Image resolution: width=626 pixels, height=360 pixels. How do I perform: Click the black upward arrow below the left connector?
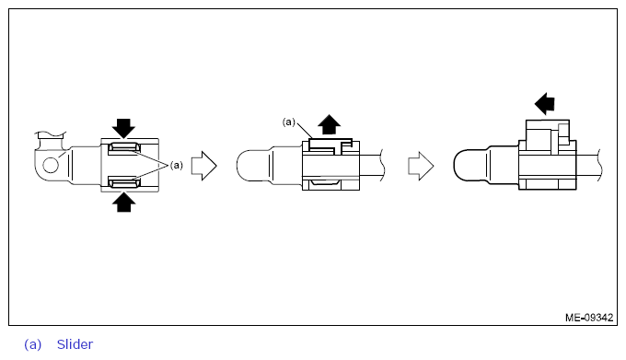click(123, 203)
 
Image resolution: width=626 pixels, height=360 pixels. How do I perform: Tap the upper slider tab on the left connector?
click(123, 148)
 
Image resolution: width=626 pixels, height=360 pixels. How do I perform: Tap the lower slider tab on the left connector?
click(123, 183)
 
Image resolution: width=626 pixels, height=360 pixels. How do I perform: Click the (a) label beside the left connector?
click(177, 165)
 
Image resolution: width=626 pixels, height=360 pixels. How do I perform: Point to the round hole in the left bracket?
click(51, 165)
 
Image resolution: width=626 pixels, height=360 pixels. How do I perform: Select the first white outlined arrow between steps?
click(204, 166)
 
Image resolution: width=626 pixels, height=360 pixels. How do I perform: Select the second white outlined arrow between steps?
click(421, 166)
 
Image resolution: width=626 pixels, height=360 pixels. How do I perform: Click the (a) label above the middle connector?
click(289, 122)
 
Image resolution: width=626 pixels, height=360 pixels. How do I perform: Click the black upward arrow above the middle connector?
click(329, 124)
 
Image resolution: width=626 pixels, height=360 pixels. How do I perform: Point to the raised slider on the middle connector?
click(330, 146)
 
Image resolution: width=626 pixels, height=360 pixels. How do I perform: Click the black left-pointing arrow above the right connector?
click(545, 104)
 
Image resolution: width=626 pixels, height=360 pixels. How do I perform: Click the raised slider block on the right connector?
click(548, 135)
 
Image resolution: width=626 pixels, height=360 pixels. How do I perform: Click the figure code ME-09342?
click(589, 318)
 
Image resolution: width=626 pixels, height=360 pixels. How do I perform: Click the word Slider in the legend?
click(75, 344)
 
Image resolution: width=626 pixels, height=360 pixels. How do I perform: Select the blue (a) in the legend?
click(33, 344)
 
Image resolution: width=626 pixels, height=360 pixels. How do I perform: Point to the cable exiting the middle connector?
click(372, 165)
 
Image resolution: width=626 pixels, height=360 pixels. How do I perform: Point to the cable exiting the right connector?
click(589, 165)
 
